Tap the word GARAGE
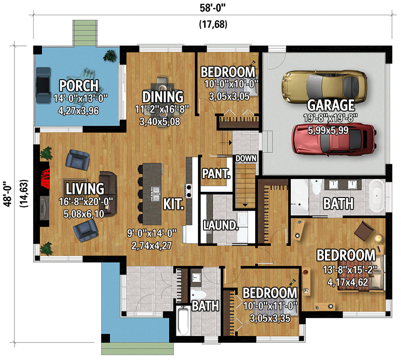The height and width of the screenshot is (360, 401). click(331, 105)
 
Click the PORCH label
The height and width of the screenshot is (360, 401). click(79, 85)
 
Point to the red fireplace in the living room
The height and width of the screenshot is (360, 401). click(45, 178)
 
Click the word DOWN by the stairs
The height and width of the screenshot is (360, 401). click(245, 158)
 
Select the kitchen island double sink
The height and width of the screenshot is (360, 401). click(156, 193)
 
